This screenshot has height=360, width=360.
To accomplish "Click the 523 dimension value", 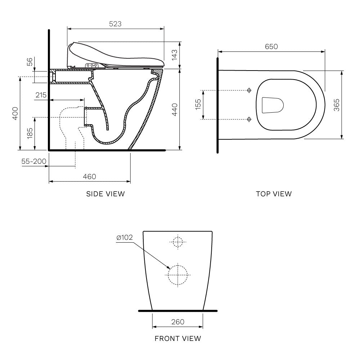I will click(116, 24).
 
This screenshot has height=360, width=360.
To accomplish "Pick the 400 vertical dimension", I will click(15, 113).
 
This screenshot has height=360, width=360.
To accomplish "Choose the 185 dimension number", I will click(30, 133).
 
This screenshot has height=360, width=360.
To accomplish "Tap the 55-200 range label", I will click(34, 161).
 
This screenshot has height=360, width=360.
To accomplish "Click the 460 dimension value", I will click(89, 176).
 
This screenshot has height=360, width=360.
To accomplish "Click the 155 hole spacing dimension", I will click(198, 104).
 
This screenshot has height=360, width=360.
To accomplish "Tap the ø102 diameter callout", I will click(125, 237).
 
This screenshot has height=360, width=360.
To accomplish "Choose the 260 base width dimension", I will click(178, 321).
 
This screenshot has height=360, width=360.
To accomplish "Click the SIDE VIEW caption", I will click(105, 194).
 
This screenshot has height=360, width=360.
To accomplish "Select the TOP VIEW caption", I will click(274, 194).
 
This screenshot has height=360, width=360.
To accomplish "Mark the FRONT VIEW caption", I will click(178, 338).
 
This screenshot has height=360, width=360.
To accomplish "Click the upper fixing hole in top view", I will click(249, 90).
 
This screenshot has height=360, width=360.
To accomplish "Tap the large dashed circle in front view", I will click(178, 275).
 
